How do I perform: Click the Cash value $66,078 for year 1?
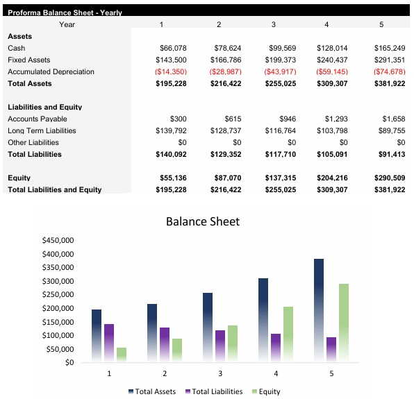[173, 48]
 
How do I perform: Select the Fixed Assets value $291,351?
[389, 60]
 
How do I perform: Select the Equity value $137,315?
[281, 178]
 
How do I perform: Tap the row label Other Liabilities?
[33, 142]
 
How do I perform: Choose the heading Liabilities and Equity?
[44, 107]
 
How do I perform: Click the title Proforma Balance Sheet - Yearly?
[65, 12]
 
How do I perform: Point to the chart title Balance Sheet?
[202, 222]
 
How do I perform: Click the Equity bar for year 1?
[122, 354]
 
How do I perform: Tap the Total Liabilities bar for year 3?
[220, 346]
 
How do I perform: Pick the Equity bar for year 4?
[288, 334]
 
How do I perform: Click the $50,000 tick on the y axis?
[60, 349]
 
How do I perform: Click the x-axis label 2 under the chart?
[165, 373]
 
